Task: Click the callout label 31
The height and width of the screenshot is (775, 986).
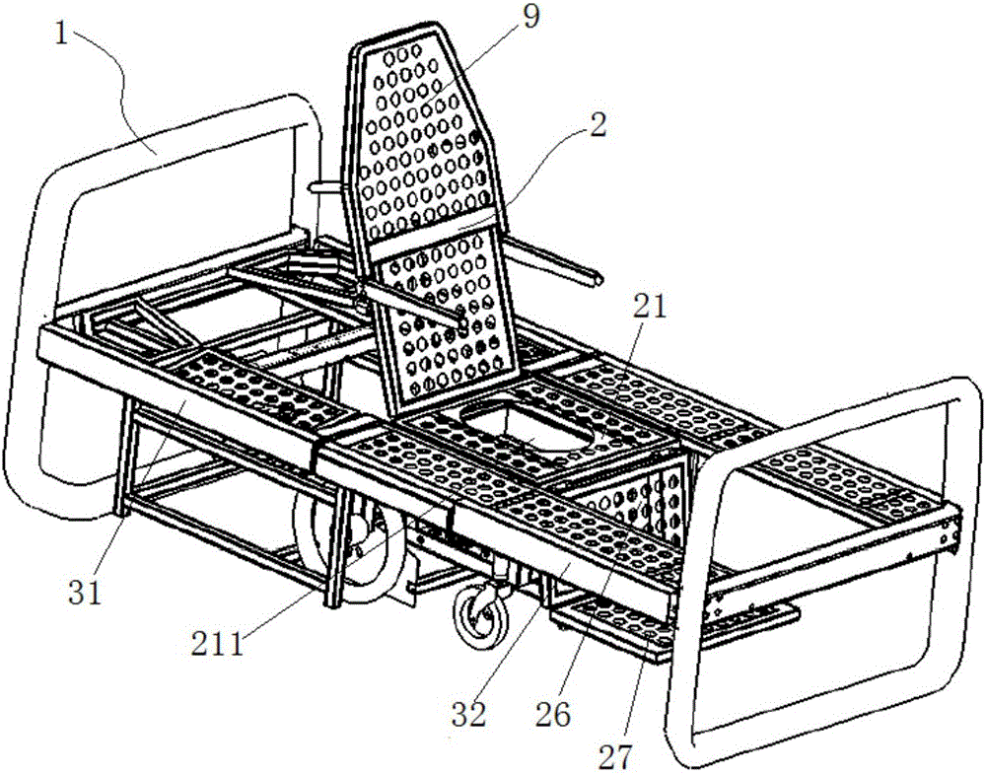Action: pos(85,593)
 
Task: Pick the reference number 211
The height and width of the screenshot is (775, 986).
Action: pos(218,644)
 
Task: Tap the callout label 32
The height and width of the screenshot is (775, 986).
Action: pos(470,715)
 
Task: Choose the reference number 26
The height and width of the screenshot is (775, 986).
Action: pos(554,715)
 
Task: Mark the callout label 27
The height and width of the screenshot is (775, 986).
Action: pos(615,755)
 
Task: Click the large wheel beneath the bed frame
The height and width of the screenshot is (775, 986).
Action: pos(352,548)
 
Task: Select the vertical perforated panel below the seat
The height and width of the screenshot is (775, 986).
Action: pos(635,503)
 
